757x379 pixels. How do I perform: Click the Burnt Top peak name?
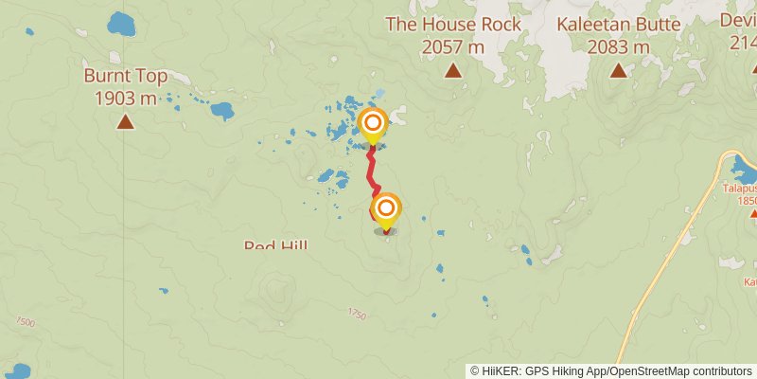125,76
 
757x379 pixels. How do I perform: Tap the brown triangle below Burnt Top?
125,121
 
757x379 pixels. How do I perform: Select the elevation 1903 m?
125,98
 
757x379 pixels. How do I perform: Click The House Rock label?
453,25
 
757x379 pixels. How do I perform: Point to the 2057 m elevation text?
453,46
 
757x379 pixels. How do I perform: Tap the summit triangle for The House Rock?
453,70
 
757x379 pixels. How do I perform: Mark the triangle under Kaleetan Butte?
618,70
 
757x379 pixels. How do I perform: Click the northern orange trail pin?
373,124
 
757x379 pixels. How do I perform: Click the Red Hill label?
275,246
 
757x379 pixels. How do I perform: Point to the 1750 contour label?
356,314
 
